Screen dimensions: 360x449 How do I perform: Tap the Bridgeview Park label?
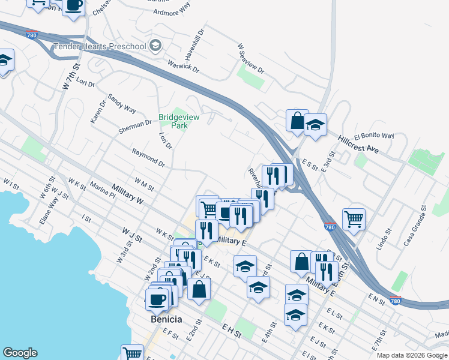coord(173,121)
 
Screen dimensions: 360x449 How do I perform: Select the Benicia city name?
coord(166,319)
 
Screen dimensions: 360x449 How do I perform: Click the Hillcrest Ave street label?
coord(359,145)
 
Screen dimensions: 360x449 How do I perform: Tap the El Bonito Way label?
coord(374,136)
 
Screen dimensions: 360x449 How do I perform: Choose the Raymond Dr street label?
coord(148,158)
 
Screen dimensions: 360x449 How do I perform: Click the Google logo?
coord(20,353)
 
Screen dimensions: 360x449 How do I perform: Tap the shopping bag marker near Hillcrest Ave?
coord(297,120)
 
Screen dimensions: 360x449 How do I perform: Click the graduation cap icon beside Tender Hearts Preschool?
coord(156,46)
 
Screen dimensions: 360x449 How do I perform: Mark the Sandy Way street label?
coord(122,103)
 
